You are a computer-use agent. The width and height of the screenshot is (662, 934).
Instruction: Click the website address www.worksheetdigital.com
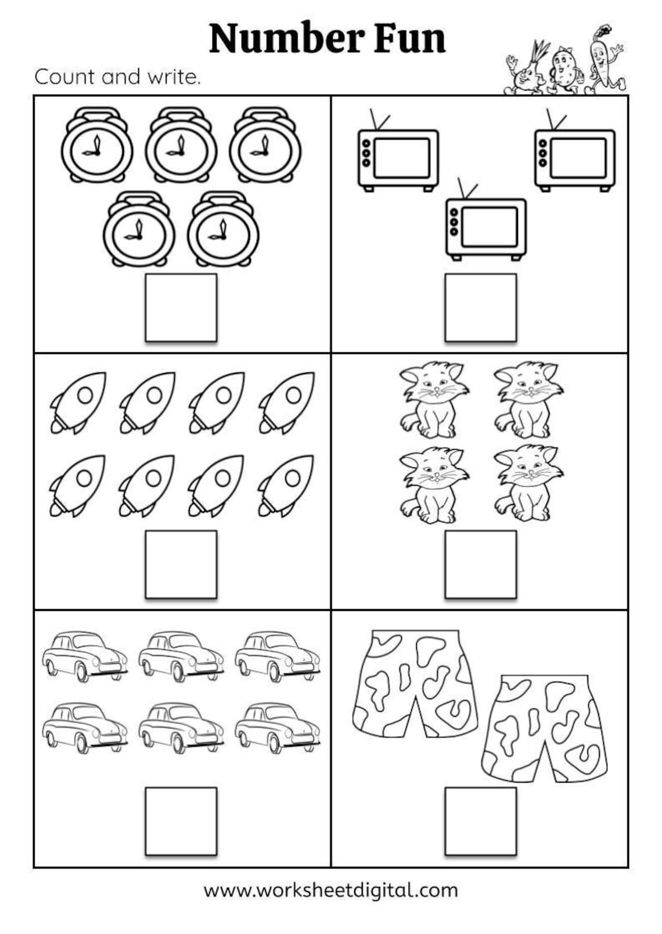click(x=330, y=890)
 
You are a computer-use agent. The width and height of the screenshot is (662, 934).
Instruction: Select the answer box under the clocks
click(x=181, y=307)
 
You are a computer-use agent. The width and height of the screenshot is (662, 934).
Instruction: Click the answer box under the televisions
click(x=480, y=307)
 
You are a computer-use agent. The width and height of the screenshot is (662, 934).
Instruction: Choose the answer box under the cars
click(x=181, y=821)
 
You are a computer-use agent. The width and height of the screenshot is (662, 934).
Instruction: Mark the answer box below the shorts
click(x=480, y=821)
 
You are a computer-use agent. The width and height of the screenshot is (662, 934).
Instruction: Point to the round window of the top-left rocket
click(x=85, y=396)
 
